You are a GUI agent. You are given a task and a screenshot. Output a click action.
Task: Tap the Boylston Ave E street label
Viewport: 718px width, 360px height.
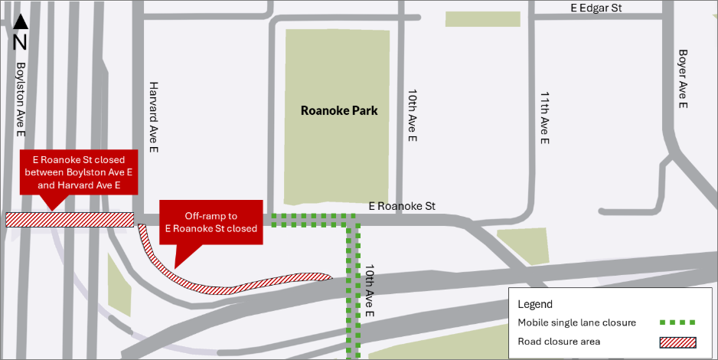coord(21,100)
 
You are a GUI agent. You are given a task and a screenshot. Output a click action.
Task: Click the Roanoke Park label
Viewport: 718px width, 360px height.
coord(339,111)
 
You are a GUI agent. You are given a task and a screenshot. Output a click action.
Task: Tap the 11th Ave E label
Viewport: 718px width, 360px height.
coord(544,119)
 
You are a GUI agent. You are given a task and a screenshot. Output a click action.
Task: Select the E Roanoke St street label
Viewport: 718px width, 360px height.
coord(401,206)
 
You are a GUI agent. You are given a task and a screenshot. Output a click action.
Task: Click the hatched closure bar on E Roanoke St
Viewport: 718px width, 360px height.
coord(70,220)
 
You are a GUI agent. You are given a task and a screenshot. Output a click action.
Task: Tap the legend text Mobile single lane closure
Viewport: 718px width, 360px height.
coord(576,322)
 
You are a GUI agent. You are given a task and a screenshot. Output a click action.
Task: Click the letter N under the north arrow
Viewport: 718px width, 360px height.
coord(21,41)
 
